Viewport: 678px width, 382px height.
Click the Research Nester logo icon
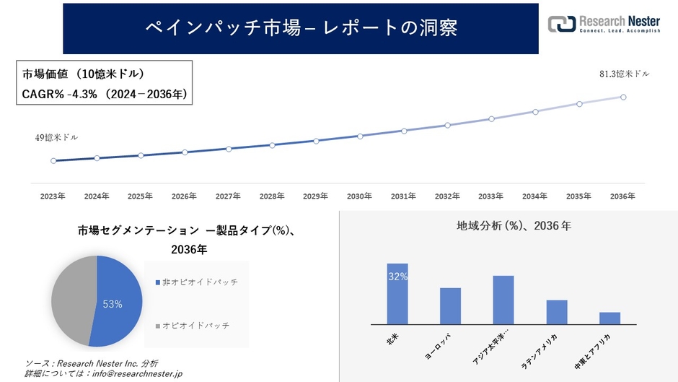[x=562, y=23]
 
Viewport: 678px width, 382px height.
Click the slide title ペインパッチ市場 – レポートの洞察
[x=301, y=27]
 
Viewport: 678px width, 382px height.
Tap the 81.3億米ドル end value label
[x=624, y=74]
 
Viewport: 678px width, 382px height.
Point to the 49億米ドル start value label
[x=56, y=137]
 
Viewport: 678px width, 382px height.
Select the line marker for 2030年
[x=360, y=136]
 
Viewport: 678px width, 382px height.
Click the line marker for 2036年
[x=622, y=97]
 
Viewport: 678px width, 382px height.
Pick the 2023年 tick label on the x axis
[x=53, y=196]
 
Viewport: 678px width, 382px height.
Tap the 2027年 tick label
[x=228, y=196]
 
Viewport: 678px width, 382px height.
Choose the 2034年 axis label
[x=534, y=196]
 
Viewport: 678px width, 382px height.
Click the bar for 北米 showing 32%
[x=397, y=294]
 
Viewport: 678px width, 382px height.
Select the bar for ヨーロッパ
[x=450, y=306]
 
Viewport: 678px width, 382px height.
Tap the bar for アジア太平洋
[x=503, y=300]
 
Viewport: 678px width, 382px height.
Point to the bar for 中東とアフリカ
[x=609, y=318]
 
